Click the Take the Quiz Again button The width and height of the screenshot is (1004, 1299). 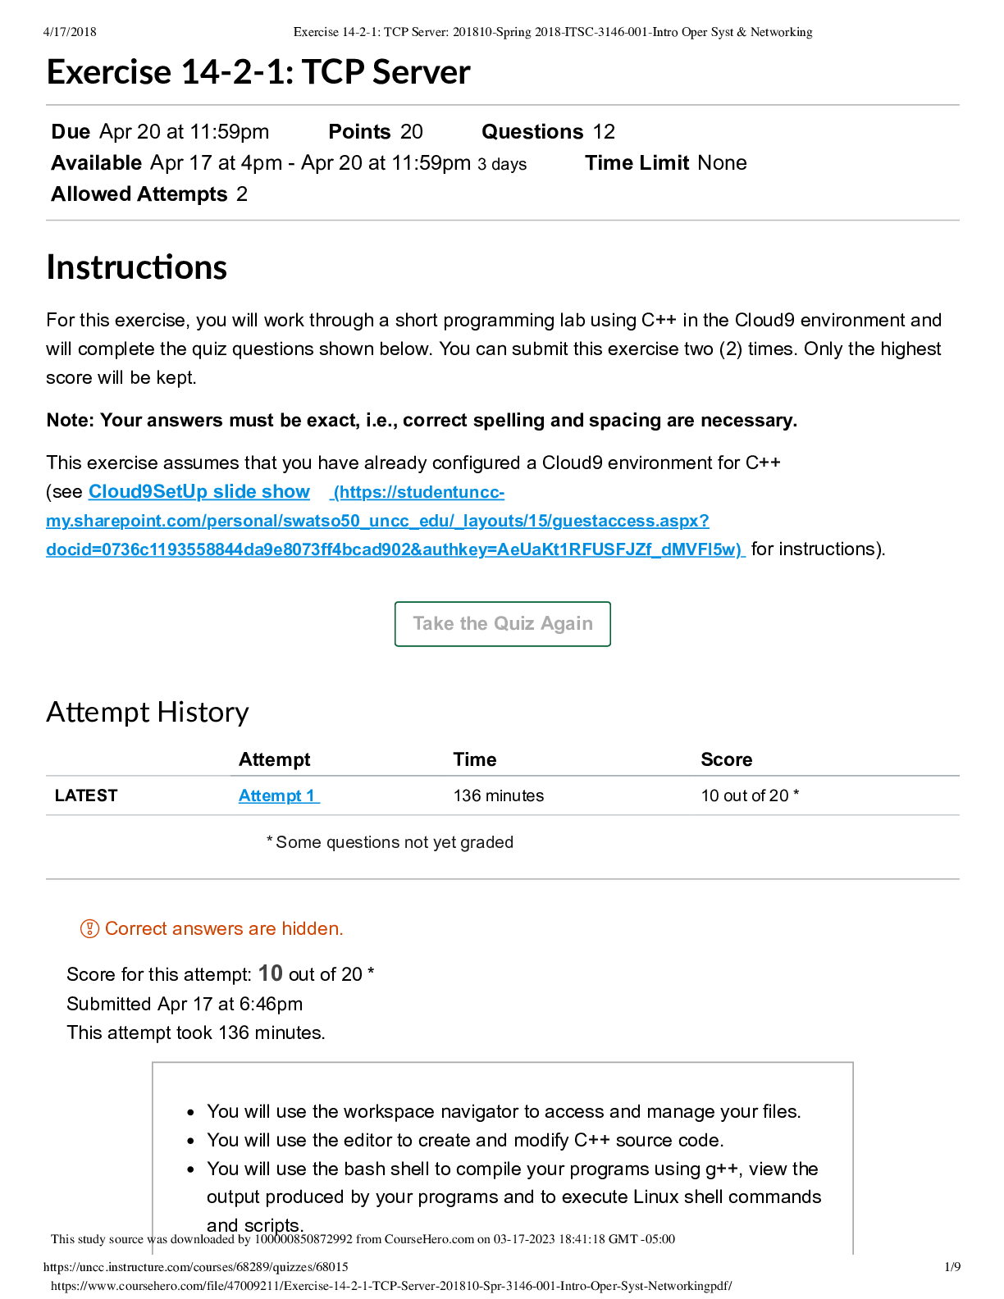502,624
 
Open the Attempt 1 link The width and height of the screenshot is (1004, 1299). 278,795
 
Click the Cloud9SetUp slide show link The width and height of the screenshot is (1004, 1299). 199,492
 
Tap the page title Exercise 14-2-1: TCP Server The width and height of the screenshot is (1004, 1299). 258,72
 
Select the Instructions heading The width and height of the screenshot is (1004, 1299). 137,267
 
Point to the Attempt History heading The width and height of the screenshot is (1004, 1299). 148,712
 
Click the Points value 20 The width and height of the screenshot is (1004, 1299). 412,132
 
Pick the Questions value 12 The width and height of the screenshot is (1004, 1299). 604,132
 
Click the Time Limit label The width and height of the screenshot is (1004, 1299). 638,163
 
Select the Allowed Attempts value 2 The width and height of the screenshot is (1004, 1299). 242,194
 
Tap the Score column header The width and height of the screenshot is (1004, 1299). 727,759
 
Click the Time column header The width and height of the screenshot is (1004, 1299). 475,759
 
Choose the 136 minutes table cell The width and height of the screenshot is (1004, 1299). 499,795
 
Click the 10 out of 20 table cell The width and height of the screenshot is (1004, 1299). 749,795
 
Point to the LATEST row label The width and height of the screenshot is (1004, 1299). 86,795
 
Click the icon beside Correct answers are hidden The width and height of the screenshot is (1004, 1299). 89,929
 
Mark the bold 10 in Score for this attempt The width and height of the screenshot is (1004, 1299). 271,973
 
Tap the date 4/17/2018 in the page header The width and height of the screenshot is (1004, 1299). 70,32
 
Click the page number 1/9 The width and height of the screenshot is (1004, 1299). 952,1267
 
